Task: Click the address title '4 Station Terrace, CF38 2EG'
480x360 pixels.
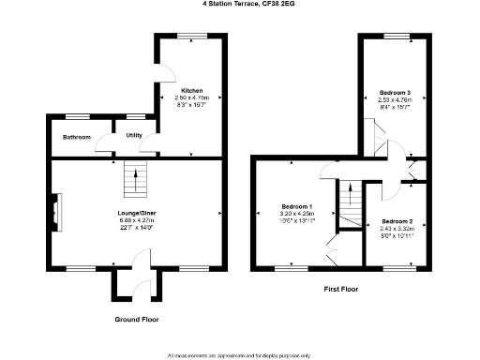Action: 240,4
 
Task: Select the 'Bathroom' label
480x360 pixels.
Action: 77,138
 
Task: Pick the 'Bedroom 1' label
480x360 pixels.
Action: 297,205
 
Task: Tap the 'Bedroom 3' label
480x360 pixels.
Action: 395,93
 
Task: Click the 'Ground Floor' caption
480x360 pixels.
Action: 136,320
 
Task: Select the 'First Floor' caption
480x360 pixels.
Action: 341,290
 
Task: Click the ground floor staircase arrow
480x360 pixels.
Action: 137,177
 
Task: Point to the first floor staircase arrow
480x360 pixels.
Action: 350,199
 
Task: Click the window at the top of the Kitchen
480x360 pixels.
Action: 192,36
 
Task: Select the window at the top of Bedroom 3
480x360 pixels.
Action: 394,36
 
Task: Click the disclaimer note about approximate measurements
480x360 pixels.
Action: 239,354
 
